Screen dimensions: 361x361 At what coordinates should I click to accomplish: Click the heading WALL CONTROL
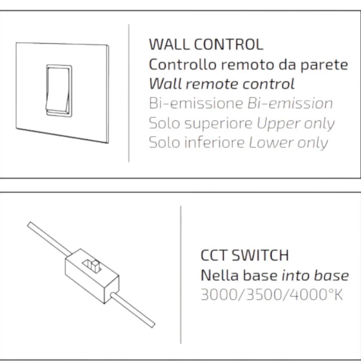(x=206, y=44)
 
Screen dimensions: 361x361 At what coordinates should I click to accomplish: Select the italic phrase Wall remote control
(x=222, y=84)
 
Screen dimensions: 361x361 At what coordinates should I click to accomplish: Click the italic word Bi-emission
(x=290, y=103)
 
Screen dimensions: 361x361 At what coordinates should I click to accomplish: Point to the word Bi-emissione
(x=196, y=103)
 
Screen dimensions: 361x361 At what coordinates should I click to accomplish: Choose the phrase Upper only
(x=296, y=124)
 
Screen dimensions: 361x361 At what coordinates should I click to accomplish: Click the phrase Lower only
(x=288, y=143)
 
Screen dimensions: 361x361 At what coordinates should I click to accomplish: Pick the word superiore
(x=219, y=124)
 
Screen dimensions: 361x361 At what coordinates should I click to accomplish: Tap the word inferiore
(x=214, y=142)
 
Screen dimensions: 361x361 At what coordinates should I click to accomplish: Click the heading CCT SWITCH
(x=244, y=255)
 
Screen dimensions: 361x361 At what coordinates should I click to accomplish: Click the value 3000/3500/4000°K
(x=272, y=295)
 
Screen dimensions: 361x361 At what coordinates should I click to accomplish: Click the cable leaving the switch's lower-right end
(x=133, y=310)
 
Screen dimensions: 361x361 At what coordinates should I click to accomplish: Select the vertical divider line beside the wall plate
(x=129, y=93)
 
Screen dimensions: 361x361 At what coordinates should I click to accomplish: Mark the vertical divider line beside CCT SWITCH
(x=181, y=275)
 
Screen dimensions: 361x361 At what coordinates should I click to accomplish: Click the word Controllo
(x=183, y=65)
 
